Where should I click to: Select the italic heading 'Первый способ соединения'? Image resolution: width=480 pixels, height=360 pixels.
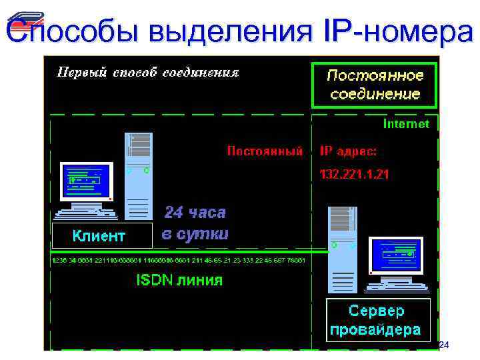coord(148,72)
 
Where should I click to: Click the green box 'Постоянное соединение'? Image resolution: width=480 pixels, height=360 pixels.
coord(375,84)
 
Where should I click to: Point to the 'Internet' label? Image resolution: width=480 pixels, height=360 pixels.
coord(406,124)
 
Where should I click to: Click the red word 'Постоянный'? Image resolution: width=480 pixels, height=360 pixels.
coord(265,151)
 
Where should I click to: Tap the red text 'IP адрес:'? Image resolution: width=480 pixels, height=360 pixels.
coord(349,151)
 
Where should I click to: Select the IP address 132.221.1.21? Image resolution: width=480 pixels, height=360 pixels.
coord(355,175)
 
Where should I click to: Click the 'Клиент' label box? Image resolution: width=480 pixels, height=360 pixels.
coord(98,235)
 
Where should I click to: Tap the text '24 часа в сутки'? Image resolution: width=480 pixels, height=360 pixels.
coord(195,223)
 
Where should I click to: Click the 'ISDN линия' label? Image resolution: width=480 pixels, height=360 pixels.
coord(179,280)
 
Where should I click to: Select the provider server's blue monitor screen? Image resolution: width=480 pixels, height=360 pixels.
coord(395,255)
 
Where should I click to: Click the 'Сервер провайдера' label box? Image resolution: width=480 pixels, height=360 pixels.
coord(377,321)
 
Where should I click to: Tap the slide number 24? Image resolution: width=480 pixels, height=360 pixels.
coord(444,345)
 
